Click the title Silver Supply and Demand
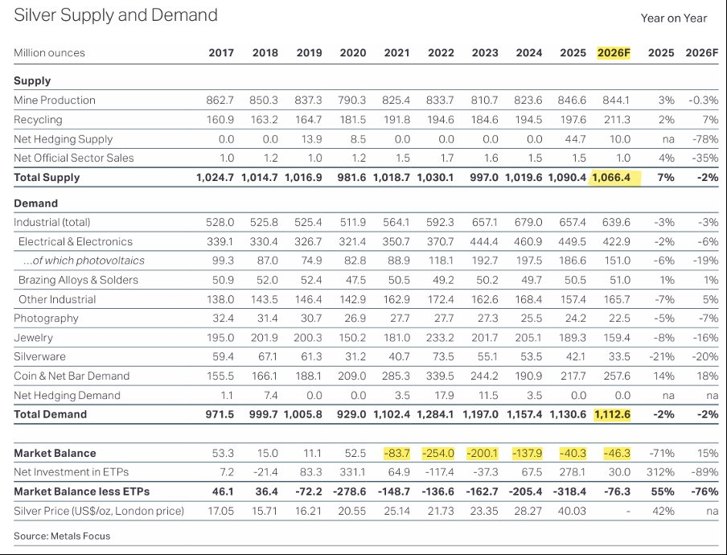[x=116, y=15]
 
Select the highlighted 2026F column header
[x=615, y=53]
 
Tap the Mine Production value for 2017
[x=220, y=101]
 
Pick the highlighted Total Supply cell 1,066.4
[x=614, y=178]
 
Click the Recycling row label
[x=38, y=120]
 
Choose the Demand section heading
[x=36, y=203]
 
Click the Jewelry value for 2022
[x=441, y=338]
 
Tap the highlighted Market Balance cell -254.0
[x=439, y=454]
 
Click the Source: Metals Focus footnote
[x=62, y=536]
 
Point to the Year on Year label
[x=673, y=18]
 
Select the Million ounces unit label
[x=49, y=53]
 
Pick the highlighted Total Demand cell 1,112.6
[x=614, y=415]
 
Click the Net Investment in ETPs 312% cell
[x=660, y=473]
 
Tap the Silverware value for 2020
[x=353, y=357]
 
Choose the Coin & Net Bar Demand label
[x=67, y=376]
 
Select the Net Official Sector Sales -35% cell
[x=703, y=158]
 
